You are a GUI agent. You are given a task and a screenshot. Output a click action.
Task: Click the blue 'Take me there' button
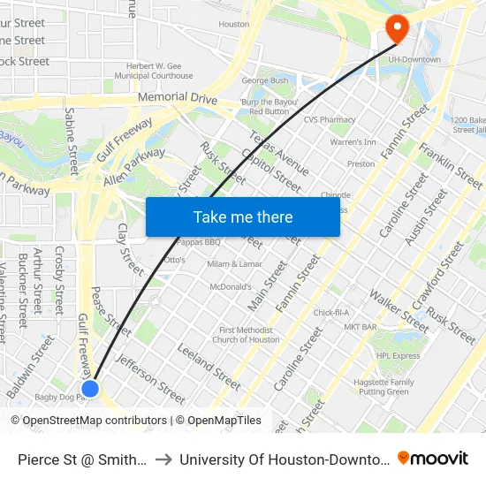243,217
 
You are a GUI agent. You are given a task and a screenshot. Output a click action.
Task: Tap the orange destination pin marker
396,29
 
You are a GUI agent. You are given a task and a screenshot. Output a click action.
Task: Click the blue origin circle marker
90,388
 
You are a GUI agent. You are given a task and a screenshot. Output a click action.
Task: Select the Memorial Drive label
177,98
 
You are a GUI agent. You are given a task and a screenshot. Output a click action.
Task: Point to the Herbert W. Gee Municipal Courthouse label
160,71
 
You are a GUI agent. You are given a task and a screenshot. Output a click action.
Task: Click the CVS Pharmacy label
329,119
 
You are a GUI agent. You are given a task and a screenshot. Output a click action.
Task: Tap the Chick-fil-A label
331,312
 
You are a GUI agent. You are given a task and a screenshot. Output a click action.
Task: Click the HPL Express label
398,356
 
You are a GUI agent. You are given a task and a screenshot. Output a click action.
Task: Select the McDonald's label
231,287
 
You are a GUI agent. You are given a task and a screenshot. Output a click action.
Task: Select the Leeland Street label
209,367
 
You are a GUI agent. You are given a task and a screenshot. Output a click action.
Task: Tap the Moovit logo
433,459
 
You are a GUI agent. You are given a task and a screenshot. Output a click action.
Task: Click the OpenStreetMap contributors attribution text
95,421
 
